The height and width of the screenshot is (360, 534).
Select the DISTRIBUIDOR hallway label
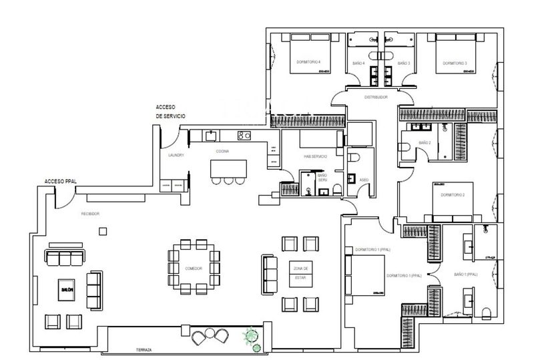[376, 97]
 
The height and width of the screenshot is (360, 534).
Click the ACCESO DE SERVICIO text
[170, 111]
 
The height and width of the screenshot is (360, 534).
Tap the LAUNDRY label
[176, 155]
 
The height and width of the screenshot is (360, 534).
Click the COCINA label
[222, 151]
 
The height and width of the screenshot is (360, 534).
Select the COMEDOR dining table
[194, 267]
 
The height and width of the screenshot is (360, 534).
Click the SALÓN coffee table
[66, 289]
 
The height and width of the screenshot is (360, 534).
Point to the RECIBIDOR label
[90, 214]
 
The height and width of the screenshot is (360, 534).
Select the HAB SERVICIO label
[315, 156]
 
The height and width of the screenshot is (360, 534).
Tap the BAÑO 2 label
[425, 142]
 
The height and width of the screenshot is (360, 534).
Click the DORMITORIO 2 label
[453, 195]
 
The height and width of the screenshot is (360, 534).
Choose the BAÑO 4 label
[358, 63]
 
